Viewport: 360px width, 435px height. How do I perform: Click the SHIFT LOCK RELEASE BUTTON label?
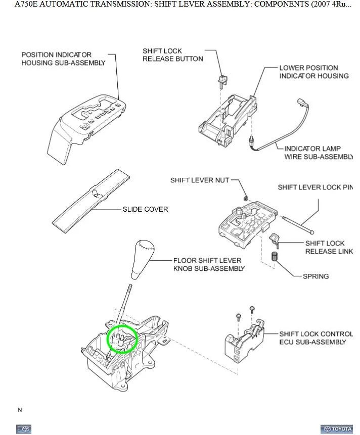click(x=172, y=55)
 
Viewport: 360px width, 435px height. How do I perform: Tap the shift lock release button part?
click(x=221, y=78)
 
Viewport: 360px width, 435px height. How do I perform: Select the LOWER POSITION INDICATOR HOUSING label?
click(x=313, y=72)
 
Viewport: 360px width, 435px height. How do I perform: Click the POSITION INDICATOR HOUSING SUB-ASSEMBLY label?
click(x=63, y=59)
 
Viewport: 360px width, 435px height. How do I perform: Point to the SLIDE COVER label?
click(x=145, y=209)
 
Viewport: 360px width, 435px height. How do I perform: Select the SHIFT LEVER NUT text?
click(x=199, y=180)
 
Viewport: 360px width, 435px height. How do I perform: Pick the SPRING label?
click(x=316, y=276)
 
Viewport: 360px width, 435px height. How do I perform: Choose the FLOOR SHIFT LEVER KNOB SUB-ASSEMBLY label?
click(x=208, y=265)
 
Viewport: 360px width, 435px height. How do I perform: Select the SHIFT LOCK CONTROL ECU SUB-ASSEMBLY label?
click(x=316, y=338)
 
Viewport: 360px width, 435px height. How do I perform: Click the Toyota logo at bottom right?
click(x=336, y=429)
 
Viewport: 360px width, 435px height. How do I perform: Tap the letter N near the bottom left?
click(x=20, y=410)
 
